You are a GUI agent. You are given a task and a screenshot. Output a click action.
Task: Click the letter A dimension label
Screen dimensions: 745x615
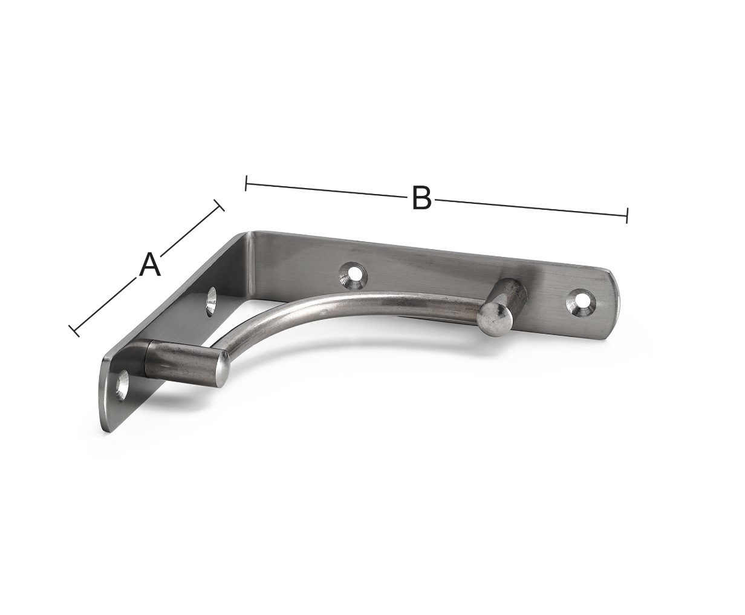150,264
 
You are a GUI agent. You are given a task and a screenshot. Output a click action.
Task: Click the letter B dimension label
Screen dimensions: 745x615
421,197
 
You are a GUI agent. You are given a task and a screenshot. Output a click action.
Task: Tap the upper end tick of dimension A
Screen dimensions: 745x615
219,205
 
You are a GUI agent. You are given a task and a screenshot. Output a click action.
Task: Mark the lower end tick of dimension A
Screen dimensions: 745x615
74,331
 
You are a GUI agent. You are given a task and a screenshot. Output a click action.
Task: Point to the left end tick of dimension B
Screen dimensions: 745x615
246,183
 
